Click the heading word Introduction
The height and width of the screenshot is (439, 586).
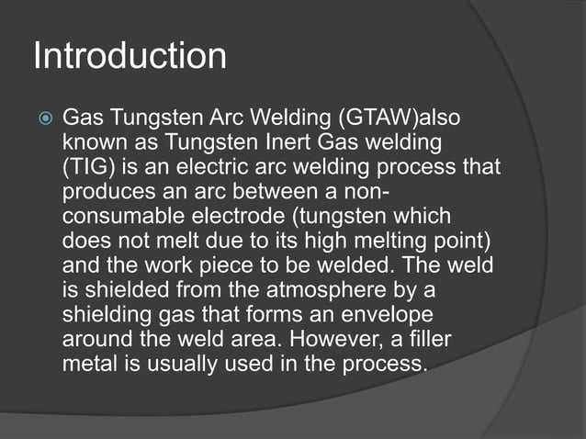click(130, 57)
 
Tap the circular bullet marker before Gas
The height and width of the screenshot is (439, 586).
click(41, 120)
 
